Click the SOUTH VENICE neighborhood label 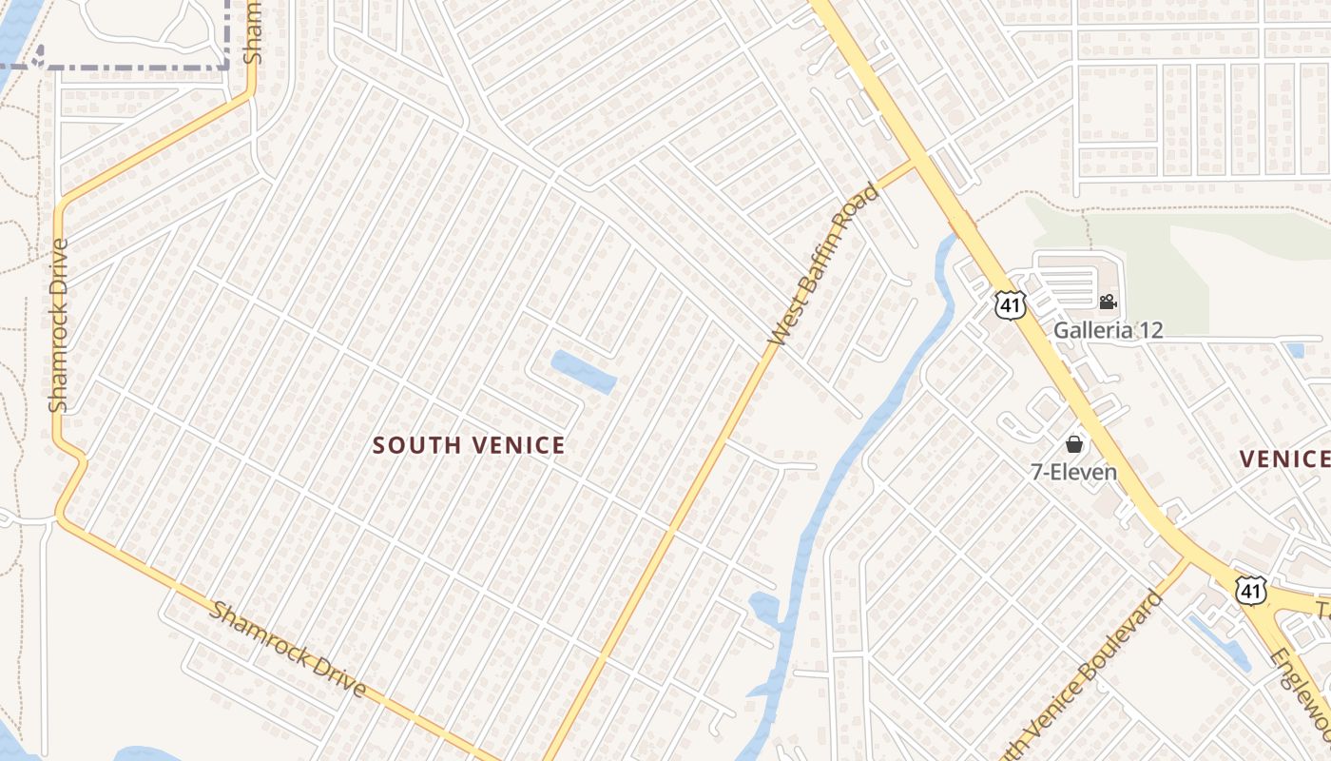(469, 445)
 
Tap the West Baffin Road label (823, 263)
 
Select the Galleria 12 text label (1108, 330)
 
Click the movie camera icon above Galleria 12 (1108, 302)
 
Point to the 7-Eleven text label (1074, 471)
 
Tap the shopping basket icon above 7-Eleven (1074, 444)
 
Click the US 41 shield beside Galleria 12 (1009, 305)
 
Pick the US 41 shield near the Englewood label (1250, 590)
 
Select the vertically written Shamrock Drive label (59, 325)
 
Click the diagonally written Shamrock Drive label (287, 649)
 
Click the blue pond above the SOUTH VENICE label (583, 371)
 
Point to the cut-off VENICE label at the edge (1283, 459)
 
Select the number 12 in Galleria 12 (1150, 330)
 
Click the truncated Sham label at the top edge (252, 33)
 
